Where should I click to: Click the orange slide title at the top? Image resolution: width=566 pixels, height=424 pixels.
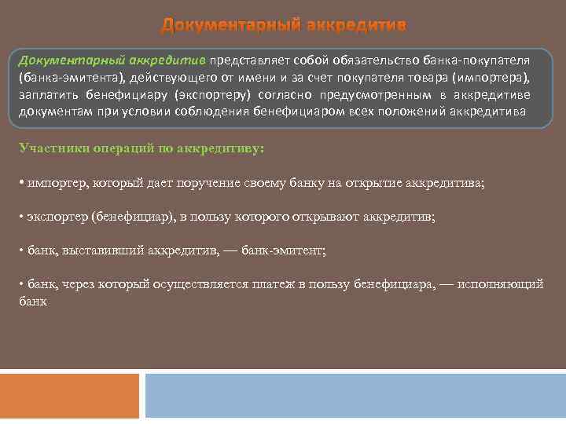pos(284,26)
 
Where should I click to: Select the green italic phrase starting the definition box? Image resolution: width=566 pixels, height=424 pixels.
pos(112,61)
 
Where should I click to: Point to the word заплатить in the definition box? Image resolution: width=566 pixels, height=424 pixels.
pos(48,95)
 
